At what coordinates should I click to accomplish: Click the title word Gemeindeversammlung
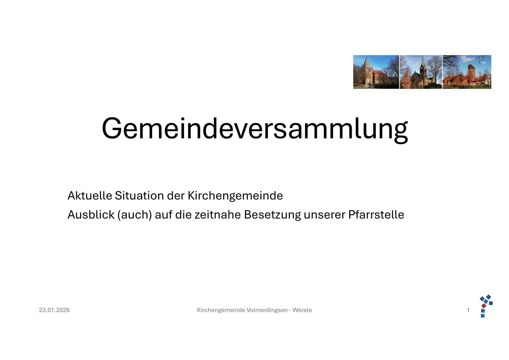[255, 129]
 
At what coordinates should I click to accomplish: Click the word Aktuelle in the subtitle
[90, 196]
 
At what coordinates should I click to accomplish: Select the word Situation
[140, 196]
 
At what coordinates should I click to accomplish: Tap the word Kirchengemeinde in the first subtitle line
[235, 196]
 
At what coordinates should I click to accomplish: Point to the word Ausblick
[91, 215]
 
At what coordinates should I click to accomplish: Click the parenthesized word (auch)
[135, 215]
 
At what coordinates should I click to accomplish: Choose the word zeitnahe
[218, 215]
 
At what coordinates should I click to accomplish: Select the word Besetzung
[272, 215]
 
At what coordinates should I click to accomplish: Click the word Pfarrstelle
[376, 215]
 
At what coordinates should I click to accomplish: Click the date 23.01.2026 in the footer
[54, 310]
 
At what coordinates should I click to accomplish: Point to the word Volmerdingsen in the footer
[267, 310]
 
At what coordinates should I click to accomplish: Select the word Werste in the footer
[302, 310]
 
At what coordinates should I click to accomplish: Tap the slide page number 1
[468, 310]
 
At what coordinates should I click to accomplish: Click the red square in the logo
[484, 306]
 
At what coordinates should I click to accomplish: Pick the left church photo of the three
[376, 72]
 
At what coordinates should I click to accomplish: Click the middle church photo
[421, 72]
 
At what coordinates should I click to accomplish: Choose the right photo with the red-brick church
[467, 72]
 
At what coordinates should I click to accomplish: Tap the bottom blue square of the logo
[483, 316]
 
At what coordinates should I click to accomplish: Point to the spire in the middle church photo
[423, 62]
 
